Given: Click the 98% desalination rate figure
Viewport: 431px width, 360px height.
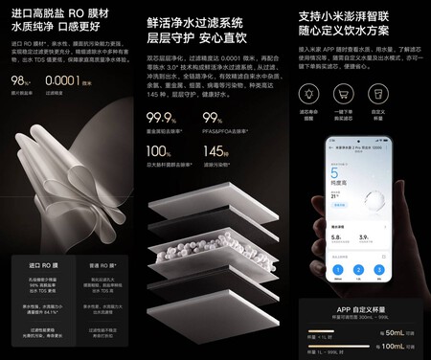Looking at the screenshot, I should tap(19, 79).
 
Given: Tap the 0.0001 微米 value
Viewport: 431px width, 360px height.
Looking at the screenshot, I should tap(67, 79).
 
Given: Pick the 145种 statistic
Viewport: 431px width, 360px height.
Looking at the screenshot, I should tap(215, 151).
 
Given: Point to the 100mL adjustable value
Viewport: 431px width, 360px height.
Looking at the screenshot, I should tap(398, 349).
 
